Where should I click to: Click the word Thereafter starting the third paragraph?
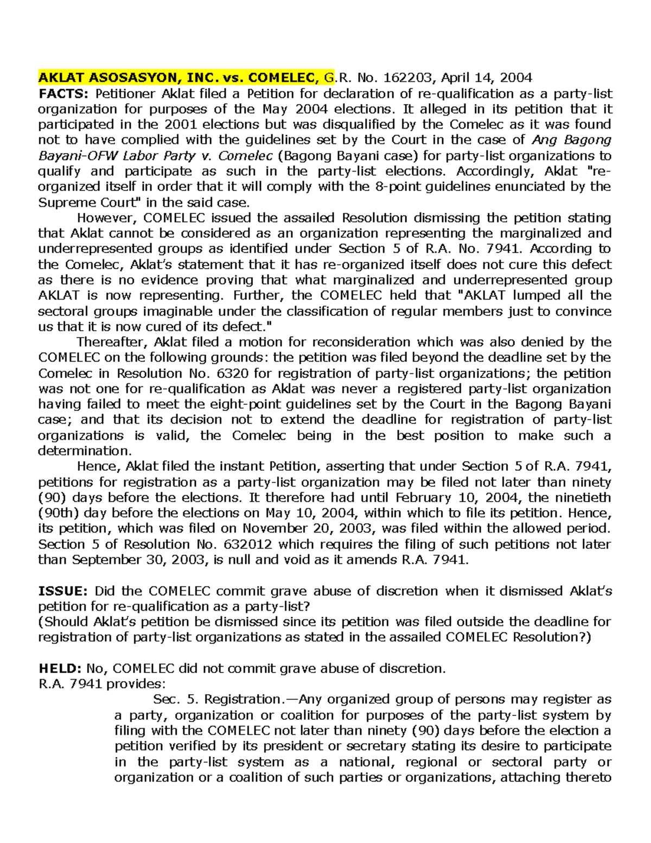[112, 343]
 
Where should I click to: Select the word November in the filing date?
[273, 529]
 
